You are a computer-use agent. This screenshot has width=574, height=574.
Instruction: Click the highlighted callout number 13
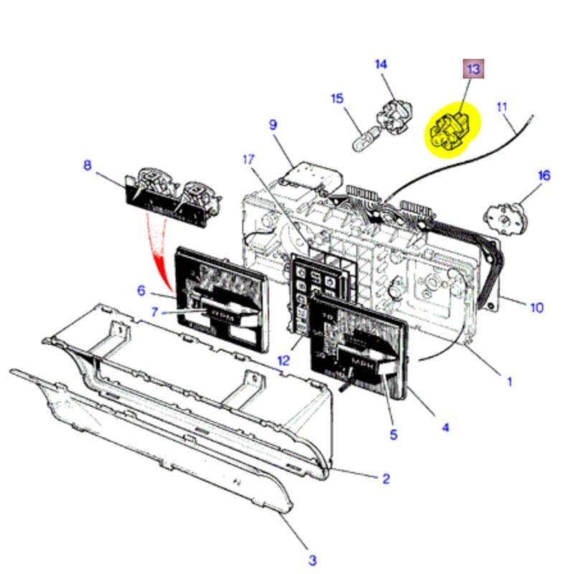473,69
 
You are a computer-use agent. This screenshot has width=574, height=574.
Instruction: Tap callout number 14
381,65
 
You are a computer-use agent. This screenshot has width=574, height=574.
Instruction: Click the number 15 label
337,98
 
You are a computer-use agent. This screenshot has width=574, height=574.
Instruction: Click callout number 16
543,175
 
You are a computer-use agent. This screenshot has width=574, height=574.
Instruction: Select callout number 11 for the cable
502,108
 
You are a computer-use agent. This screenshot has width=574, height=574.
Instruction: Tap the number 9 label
273,125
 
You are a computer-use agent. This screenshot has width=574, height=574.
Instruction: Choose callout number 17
248,159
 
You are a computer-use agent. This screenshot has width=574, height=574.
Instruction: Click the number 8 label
88,166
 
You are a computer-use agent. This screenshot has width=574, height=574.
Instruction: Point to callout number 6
141,291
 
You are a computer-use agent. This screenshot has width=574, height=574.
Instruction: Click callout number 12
284,360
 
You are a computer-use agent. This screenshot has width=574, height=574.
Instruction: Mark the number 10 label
537,308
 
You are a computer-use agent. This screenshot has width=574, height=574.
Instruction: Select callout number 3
312,560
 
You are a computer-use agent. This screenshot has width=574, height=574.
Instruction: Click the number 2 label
385,479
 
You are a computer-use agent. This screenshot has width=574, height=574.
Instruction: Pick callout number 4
445,428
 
